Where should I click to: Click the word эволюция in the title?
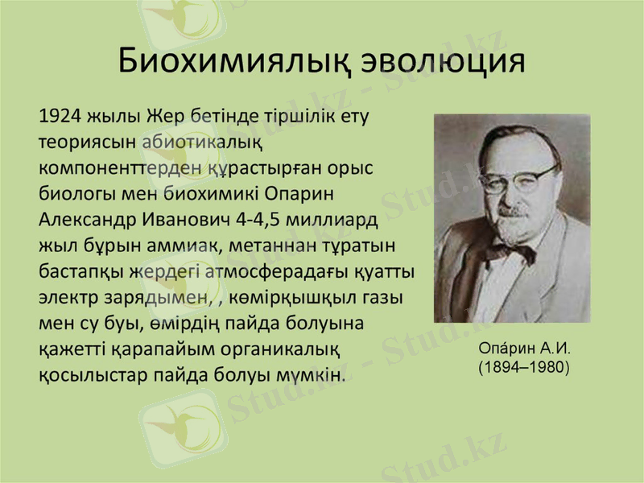(441, 61)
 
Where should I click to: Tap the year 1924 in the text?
(60, 116)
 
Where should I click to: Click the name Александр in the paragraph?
(86, 221)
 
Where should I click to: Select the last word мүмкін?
(315, 376)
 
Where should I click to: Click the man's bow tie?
(510, 250)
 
